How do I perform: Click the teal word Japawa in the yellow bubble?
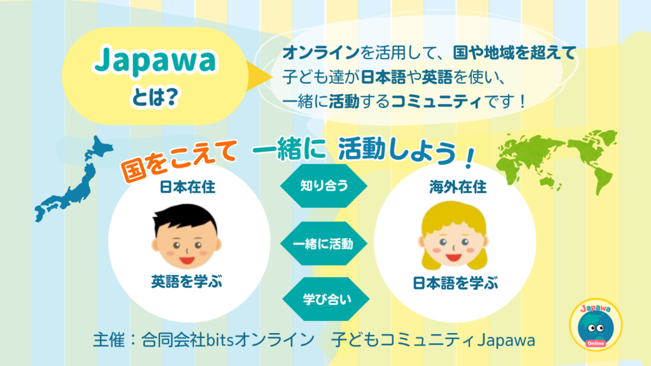coord(155,61)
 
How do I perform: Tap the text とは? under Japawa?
coord(154,97)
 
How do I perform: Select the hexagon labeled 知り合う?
coord(324,186)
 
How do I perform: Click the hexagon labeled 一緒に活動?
coord(324,243)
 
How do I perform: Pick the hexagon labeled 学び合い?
coord(326,299)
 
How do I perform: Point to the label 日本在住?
coord(188,187)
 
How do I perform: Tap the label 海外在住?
coord(458,187)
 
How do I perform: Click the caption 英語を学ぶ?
coord(186,281)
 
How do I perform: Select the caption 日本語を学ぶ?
coord(455,283)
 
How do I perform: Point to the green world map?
coord(556,159)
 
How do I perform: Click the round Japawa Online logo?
coord(596,325)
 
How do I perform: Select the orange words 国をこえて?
coord(179,159)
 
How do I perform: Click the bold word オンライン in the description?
coord(321,53)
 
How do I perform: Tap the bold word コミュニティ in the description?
coord(436,101)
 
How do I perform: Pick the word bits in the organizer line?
coord(221,341)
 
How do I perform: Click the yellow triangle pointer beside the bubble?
coord(259,76)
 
